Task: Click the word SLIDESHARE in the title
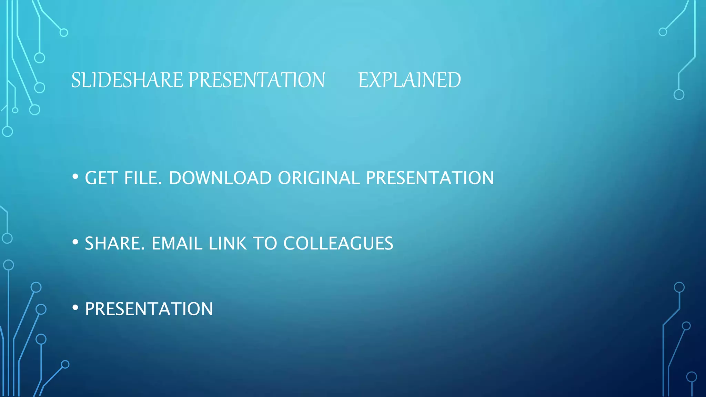tap(127, 80)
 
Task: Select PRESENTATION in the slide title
tap(256, 80)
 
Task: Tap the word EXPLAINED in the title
tap(409, 80)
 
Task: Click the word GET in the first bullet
tap(101, 178)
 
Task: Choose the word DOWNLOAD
tap(220, 178)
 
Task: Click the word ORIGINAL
tap(319, 178)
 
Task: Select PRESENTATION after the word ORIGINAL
tap(430, 178)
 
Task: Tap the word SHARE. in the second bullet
tap(115, 244)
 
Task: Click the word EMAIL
tap(177, 244)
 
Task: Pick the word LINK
tap(228, 244)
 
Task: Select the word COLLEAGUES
tap(338, 244)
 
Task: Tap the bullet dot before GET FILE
tap(75, 177)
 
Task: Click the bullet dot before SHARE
tap(75, 242)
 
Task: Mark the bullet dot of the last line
tap(75, 308)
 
